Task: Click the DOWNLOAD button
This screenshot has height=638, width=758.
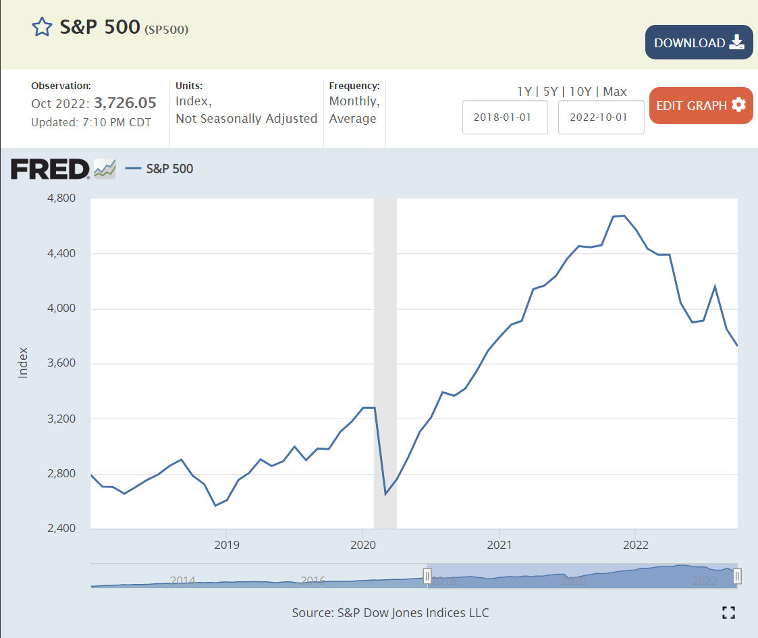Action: click(x=699, y=43)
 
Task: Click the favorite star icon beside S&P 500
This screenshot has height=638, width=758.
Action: click(x=42, y=27)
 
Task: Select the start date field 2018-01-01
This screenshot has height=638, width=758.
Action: click(x=504, y=117)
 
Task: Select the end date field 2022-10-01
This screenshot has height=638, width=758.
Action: click(x=601, y=117)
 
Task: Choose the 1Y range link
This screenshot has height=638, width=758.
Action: click(x=524, y=92)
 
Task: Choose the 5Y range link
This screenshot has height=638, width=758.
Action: click(x=551, y=92)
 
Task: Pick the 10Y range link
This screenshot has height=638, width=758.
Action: click(x=580, y=92)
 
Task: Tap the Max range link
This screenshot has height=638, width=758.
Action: click(x=615, y=92)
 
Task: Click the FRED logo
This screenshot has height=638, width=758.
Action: click(x=50, y=169)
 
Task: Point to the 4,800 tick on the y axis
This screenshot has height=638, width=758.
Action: click(x=61, y=198)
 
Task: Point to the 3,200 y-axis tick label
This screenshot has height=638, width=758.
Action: click(x=61, y=419)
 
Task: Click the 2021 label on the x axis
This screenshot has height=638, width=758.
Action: click(x=499, y=544)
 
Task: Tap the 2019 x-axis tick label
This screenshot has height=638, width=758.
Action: click(x=226, y=544)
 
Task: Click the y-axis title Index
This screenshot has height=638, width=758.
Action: click(x=24, y=363)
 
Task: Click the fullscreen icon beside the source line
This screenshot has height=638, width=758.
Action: click(x=728, y=612)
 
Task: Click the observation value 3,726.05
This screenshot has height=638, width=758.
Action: click(x=125, y=103)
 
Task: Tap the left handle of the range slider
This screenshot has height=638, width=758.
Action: click(x=427, y=576)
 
